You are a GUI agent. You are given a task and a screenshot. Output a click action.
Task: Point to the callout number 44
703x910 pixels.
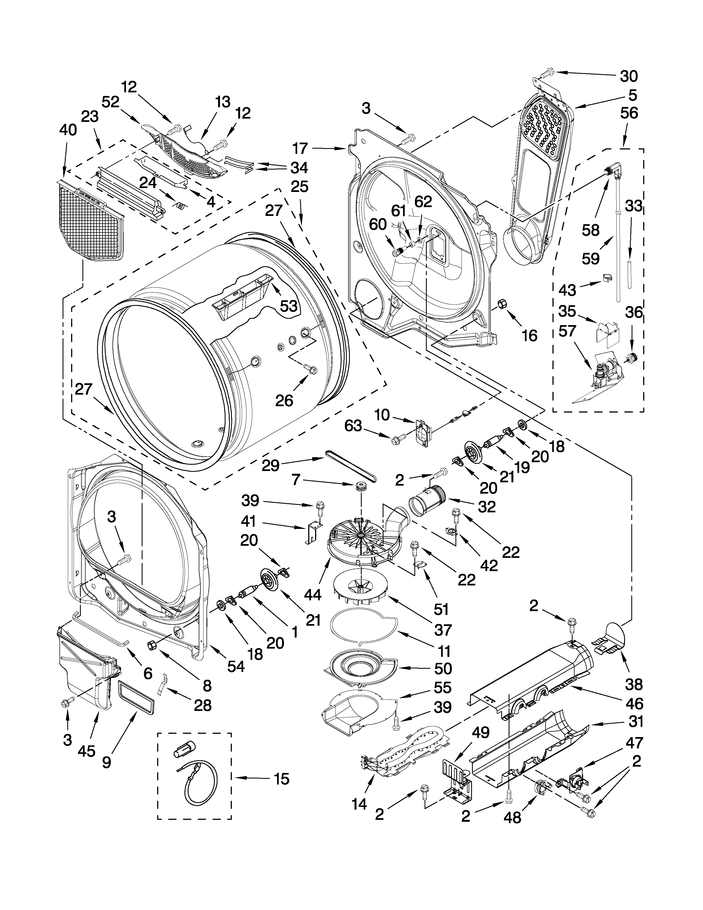[x=312, y=595]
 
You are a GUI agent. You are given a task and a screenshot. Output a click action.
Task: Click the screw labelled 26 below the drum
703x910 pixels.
[x=311, y=368]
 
